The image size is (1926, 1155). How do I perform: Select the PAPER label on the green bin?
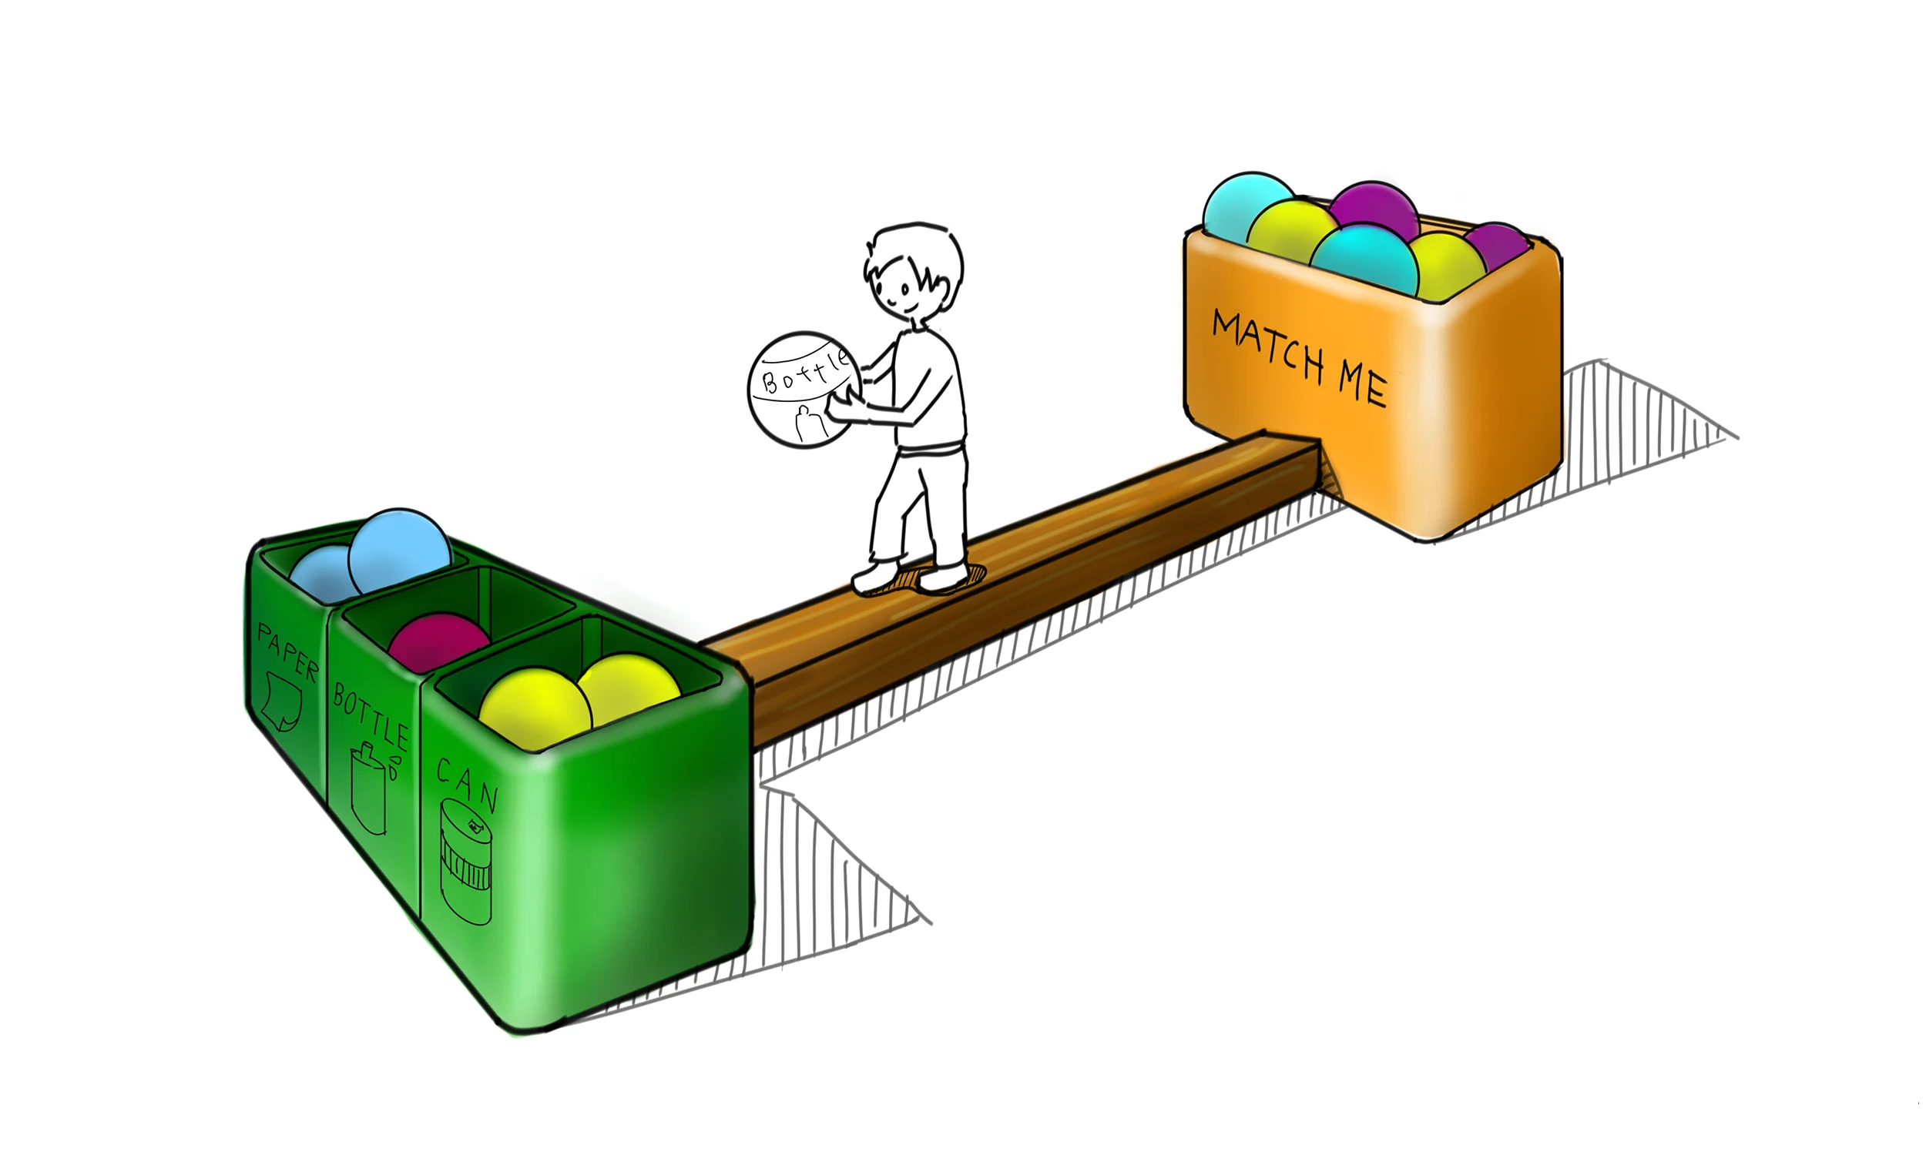tap(288, 652)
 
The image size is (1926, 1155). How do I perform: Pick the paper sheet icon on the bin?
tap(281, 703)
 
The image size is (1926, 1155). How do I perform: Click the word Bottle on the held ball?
tap(804, 373)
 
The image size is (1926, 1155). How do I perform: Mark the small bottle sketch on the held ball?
tap(807, 423)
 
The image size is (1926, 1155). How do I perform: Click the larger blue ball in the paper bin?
tap(399, 551)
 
